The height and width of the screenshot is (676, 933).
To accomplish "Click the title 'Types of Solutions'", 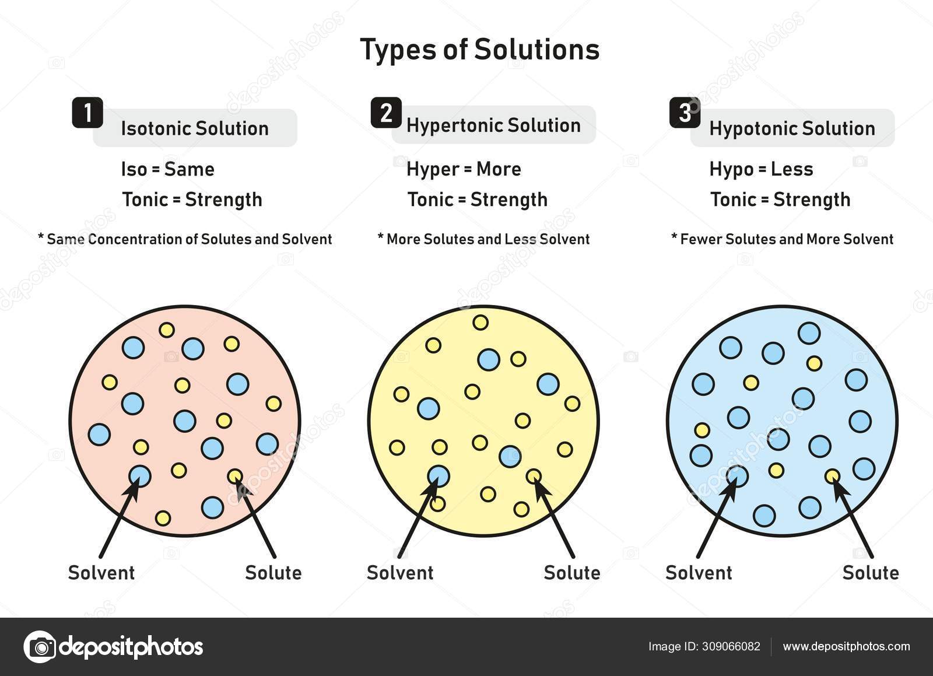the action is (x=479, y=50).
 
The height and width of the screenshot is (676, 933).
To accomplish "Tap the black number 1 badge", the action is (x=87, y=113).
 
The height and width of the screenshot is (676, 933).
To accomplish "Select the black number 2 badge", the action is (x=386, y=113).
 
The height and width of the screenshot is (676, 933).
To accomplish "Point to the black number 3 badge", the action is (x=685, y=113).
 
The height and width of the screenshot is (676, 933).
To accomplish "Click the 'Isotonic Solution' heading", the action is (x=195, y=128).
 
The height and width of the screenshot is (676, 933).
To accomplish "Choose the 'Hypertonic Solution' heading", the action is (x=493, y=125).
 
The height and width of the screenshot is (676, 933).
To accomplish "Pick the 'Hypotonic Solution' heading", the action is (x=792, y=128).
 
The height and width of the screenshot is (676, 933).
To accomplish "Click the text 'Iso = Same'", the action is (x=168, y=169).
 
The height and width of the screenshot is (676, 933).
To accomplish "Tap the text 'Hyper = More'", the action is (x=464, y=169).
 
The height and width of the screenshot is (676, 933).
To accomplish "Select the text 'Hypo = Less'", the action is (x=761, y=169).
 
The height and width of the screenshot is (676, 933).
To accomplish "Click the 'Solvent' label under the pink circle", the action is (x=101, y=573).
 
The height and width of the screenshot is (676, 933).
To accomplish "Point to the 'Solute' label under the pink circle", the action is (x=273, y=573).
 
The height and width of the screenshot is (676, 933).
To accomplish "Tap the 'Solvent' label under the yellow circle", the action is (x=400, y=573).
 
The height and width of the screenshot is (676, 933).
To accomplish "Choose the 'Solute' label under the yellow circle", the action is (x=572, y=573).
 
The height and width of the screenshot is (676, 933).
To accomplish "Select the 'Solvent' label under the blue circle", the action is (x=699, y=573).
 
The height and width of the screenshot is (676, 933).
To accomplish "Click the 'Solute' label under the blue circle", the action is (x=871, y=573).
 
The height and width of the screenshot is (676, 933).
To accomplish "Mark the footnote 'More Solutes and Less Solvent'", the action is (x=487, y=239).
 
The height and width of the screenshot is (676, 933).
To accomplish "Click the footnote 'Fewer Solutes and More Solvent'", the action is (x=786, y=239).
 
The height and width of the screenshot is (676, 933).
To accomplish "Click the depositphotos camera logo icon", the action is (x=40, y=646).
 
